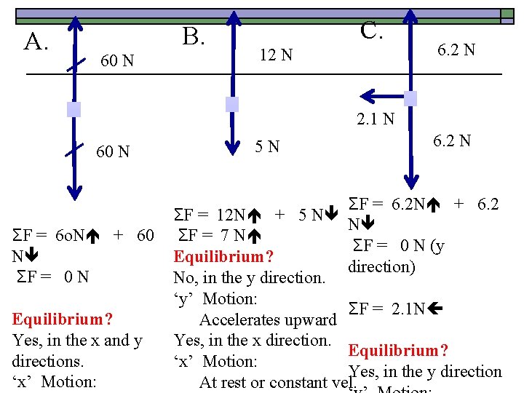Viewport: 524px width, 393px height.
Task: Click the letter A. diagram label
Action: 36,42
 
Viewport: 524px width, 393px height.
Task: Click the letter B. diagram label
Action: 192,35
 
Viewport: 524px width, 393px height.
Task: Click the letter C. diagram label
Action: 372,31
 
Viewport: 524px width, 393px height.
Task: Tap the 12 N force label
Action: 277,55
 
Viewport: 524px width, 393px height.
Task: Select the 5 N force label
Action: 267,147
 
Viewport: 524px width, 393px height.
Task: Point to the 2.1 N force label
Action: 375,118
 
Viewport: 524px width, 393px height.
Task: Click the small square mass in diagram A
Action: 73,110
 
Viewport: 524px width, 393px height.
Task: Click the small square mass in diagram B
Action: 231,104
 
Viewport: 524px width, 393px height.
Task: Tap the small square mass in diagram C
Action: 410,98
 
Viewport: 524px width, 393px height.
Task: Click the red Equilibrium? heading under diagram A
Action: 63,319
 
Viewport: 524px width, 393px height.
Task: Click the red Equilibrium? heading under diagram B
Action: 223,257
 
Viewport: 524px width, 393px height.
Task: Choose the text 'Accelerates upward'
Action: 268,320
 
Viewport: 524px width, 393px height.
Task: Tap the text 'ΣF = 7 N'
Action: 216,236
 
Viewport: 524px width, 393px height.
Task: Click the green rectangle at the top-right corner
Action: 507,14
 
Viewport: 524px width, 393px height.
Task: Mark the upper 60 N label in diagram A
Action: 116,60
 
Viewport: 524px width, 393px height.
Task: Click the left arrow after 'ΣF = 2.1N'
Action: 435,309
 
